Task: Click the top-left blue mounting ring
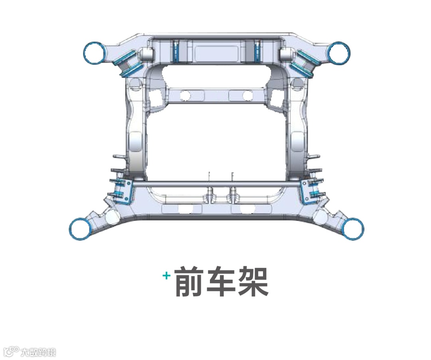click(x=95, y=52)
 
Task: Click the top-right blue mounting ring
click(x=339, y=52)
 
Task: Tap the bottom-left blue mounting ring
click(x=80, y=229)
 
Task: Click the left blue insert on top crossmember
click(x=176, y=51)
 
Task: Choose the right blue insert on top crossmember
click(x=257, y=51)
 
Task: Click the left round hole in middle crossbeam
click(x=185, y=95)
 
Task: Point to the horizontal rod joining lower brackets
click(x=215, y=184)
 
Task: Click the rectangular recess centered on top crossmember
click(x=216, y=51)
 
